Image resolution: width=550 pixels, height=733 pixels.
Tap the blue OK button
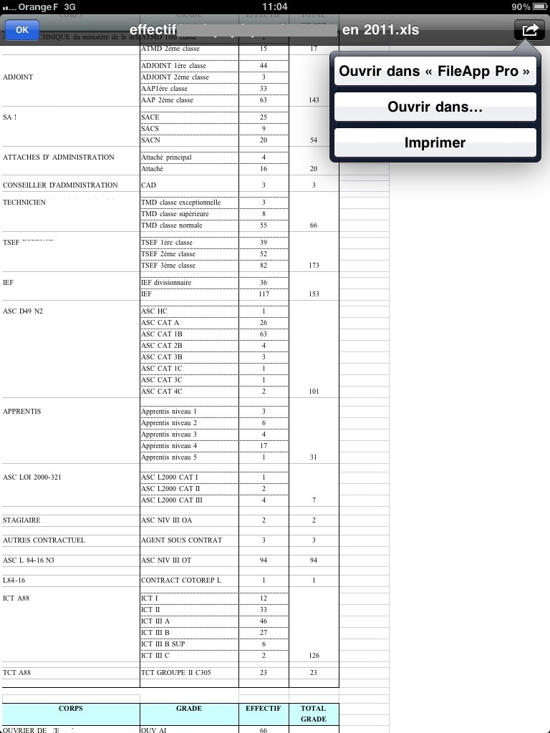(22, 30)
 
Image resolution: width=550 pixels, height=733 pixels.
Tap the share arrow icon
(529, 30)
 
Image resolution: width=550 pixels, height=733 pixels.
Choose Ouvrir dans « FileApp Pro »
(435, 72)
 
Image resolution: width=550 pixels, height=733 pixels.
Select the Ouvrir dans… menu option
(435, 107)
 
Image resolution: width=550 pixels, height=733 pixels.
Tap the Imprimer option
(435, 143)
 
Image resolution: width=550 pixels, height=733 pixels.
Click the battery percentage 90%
(521, 6)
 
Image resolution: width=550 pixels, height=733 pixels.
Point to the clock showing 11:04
(275, 6)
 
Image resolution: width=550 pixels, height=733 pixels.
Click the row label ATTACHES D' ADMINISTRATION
(59, 157)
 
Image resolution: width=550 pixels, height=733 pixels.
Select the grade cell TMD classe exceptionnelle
(180, 203)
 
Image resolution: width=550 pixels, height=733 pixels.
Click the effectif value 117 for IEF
(264, 294)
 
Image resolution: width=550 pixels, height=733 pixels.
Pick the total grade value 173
(314, 266)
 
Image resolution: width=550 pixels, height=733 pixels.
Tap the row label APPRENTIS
(22, 412)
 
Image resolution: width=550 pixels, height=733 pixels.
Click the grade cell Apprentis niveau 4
(169, 446)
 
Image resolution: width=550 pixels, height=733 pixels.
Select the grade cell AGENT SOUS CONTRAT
(181, 540)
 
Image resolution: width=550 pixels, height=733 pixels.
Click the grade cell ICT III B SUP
(163, 644)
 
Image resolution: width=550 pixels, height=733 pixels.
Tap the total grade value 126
(314, 656)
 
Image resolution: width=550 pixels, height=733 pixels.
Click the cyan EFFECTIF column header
(264, 709)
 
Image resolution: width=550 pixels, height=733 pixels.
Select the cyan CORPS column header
(70, 709)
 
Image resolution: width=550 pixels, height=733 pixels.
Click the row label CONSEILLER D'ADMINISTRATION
(60, 185)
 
